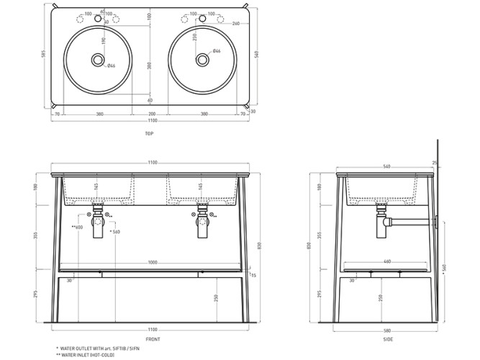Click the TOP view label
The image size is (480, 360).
pos(150,133)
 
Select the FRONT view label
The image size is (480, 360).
pos(152,338)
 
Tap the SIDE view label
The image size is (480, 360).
pos(388,338)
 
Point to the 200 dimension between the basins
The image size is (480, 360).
pos(152,114)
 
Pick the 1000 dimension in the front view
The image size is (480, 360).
pos(152,262)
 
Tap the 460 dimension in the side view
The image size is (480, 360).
pos(388,262)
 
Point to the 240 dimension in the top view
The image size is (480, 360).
pos(236,24)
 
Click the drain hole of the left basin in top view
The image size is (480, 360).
pos(98,60)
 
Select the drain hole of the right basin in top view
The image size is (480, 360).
pos(203,60)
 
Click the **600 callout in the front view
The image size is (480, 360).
pos(77,228)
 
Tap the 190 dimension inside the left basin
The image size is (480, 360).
pos(103,42)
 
